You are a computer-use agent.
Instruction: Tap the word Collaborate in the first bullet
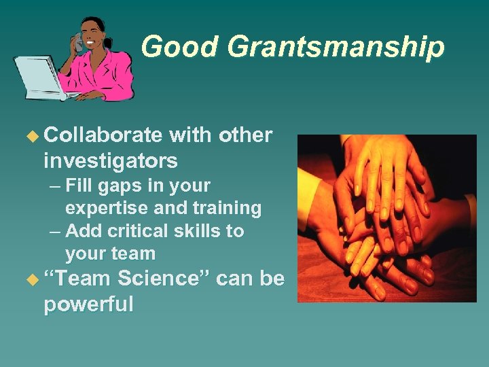tap(103, 136)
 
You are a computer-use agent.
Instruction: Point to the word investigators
tap(110, 161)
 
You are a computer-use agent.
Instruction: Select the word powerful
tap(88, 304)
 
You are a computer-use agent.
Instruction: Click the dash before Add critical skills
tap(56, 232)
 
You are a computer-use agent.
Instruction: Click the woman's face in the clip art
tap(93, 35)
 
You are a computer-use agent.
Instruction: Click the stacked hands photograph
tap(386, 217)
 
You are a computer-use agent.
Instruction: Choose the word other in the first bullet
tap(245, 136)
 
